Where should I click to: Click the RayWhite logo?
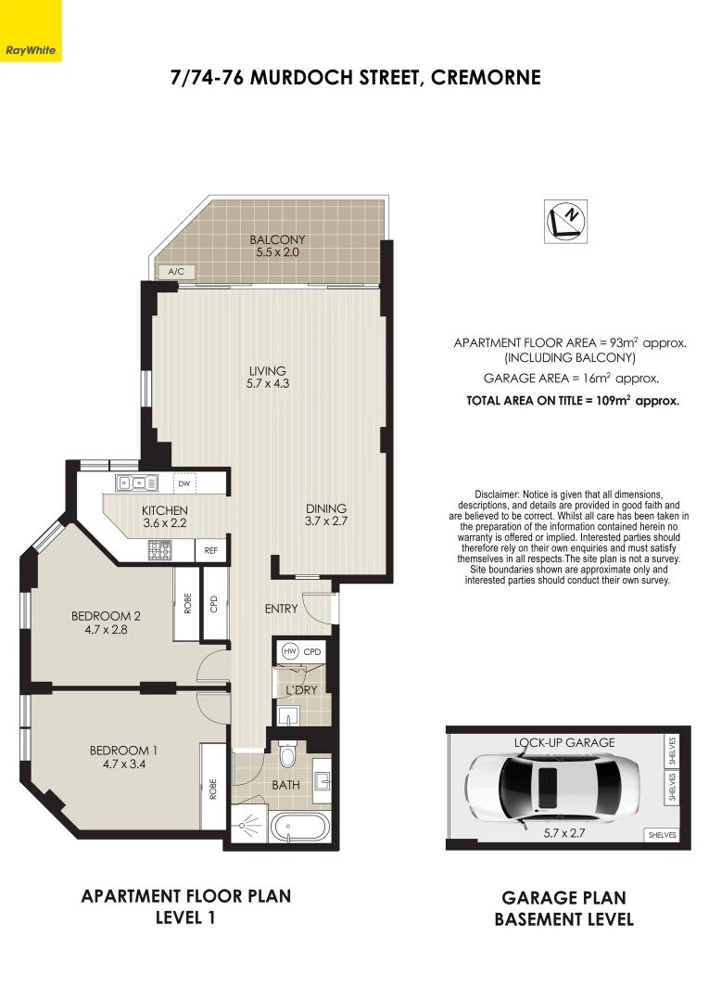(31, 50)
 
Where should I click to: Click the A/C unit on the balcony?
(175, 271)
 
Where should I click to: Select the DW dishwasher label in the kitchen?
(184, 483)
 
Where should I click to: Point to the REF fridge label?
(211, 551)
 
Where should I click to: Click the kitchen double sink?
(134, 482)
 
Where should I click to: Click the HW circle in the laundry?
(289, 652)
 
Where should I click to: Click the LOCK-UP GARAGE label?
(564, 742)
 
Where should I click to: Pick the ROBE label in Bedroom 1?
(213, 790)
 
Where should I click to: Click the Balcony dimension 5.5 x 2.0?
(277, 251)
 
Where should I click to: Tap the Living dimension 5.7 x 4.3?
(268, 383)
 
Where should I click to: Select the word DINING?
(326, 508)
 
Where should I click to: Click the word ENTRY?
(282, 609)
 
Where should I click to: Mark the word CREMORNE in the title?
(486, 77)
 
